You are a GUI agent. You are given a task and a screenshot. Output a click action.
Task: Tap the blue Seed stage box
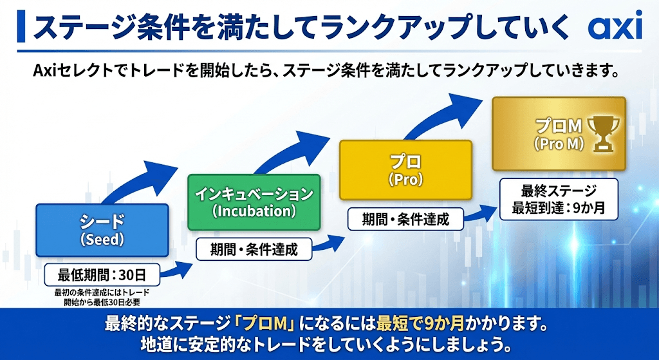pyautogui.click(x=102, y=231)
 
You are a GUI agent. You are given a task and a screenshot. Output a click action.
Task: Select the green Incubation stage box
pyautogui.click(x=254, y=202)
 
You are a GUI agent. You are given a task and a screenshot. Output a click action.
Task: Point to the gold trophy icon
pyautogui.click(x=605, y=133)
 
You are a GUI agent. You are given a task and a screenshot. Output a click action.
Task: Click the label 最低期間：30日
pyautogui.click(x=102, y=275)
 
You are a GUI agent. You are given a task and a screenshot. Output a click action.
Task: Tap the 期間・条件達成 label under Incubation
pyautogui.click(x=255, y=249)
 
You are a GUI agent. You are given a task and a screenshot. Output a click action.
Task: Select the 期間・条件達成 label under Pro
pyautogui.click(x=406, y=219)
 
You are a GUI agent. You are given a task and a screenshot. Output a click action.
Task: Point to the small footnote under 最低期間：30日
pyautogui.click(x=102, y=298)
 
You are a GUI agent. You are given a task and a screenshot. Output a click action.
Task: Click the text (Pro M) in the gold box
pyautogui.click(x=559, y=146)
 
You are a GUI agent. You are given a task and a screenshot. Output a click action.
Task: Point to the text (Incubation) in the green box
pyautogui.click(x=254, y=211)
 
